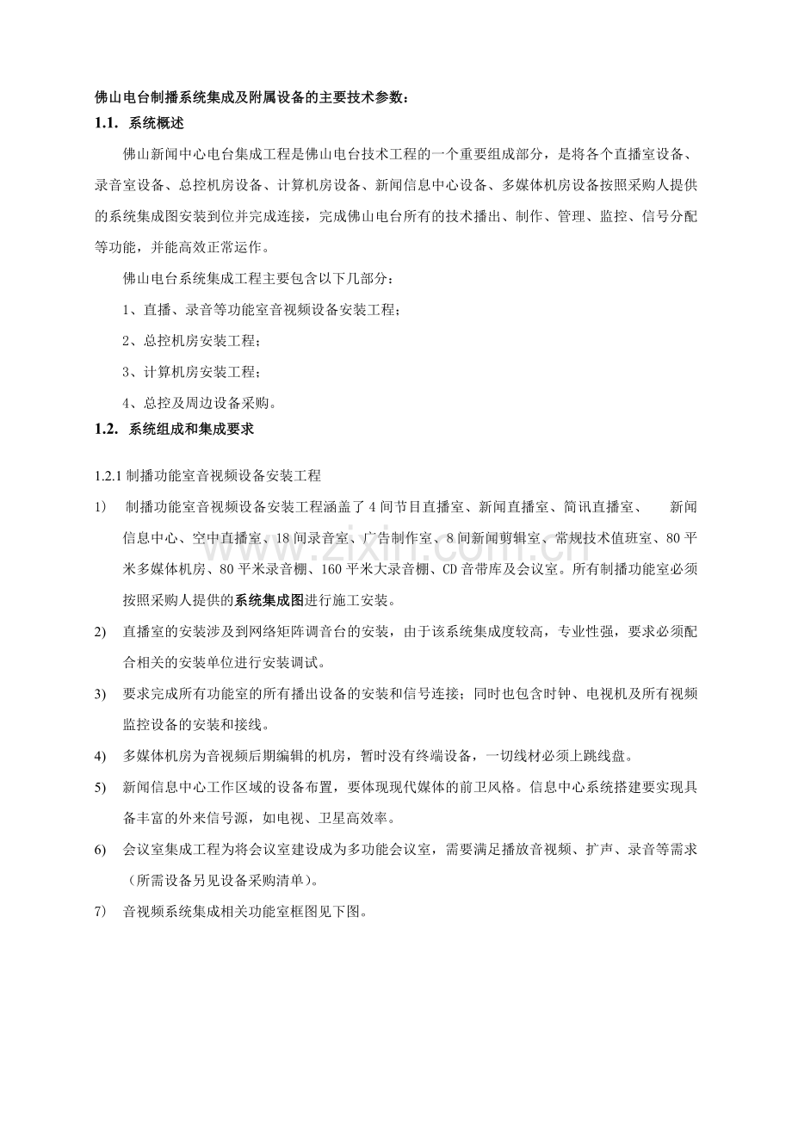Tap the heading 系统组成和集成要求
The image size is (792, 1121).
click(x=190, y=428)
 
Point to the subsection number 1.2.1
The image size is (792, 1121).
click(x=109, y=475)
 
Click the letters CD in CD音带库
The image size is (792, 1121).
click(x=449, y=569)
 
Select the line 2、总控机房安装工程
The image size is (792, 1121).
click(x=190, y=341)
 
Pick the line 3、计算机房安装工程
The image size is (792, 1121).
click(x=190, y=372)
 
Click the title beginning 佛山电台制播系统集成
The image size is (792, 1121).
click(x=252, y=97)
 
